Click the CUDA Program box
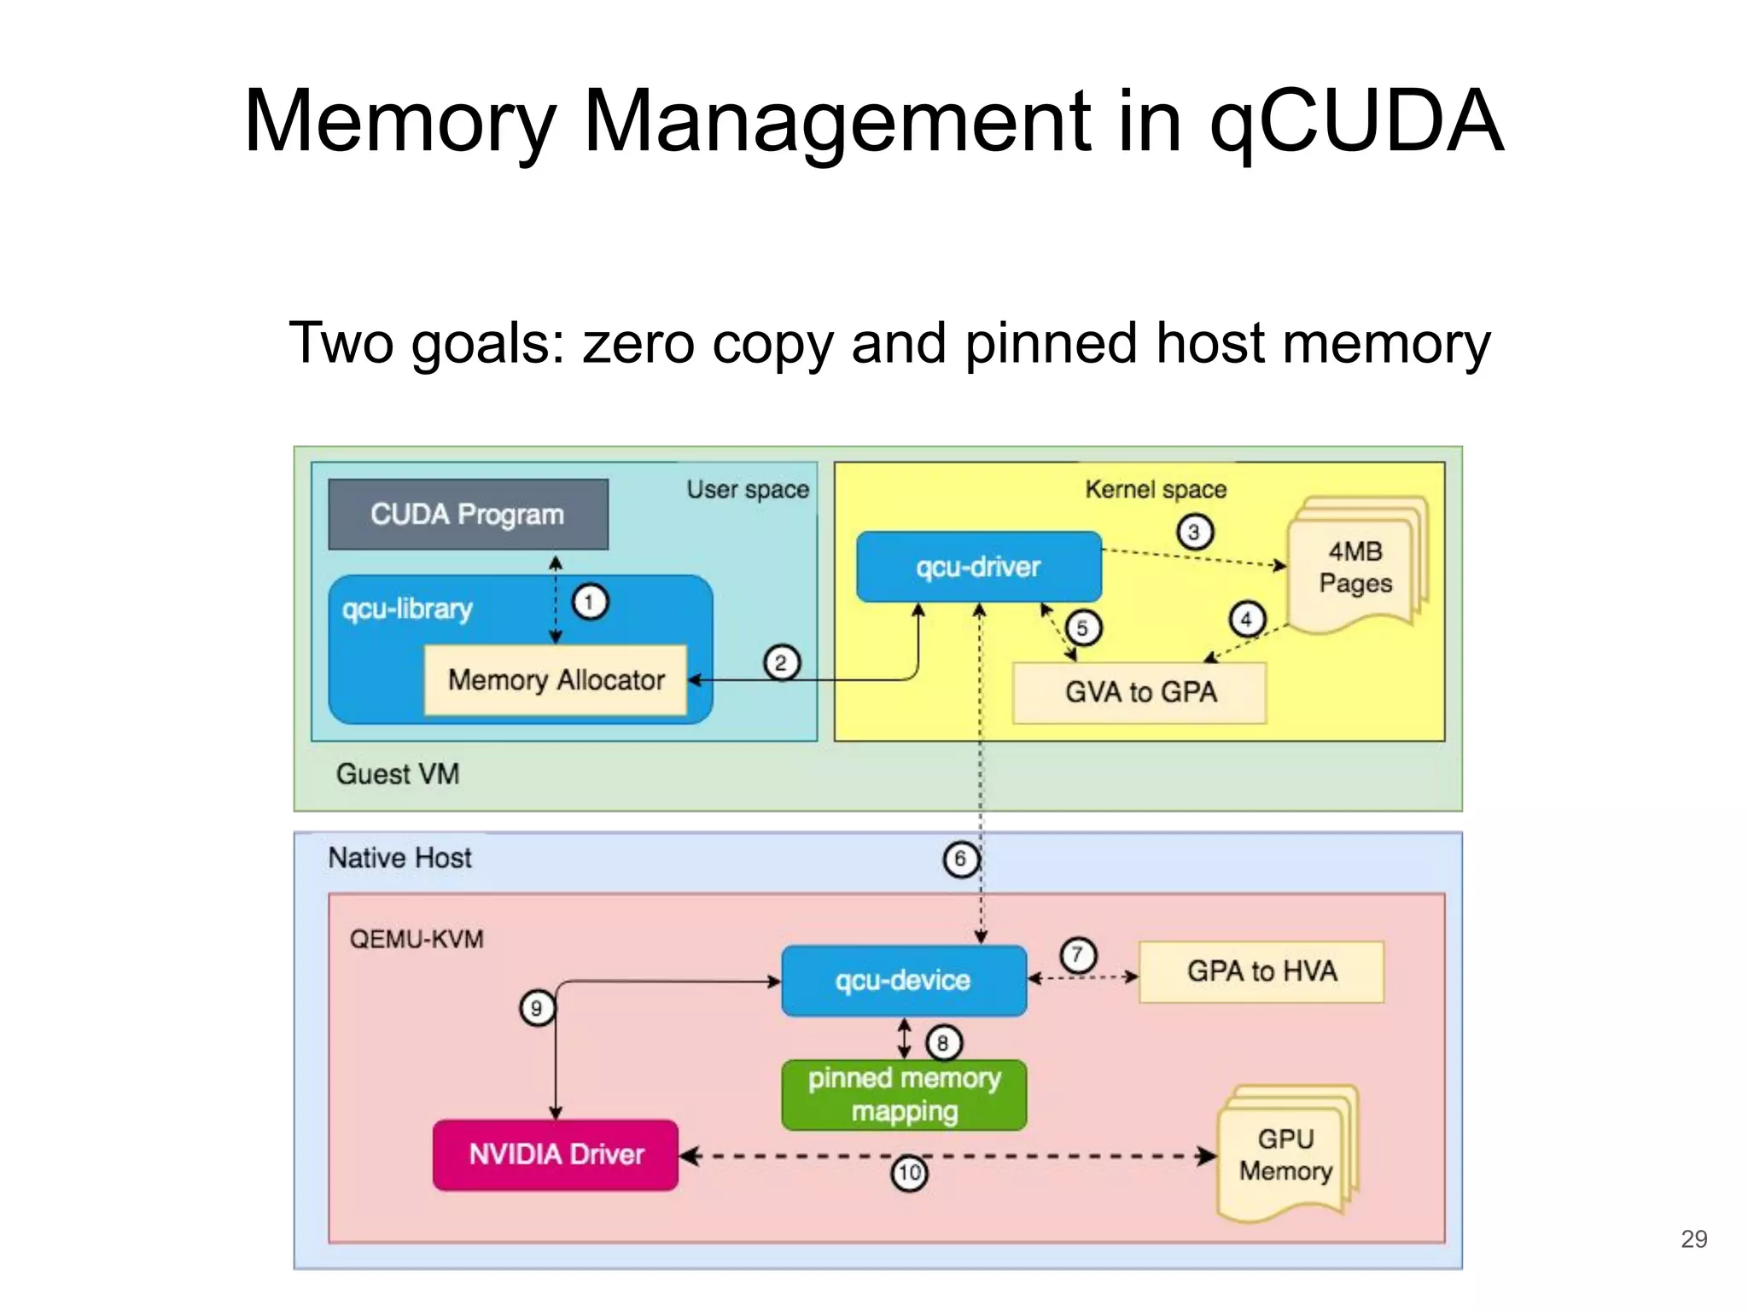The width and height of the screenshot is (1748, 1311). pos(468,515)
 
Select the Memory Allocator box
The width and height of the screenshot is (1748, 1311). pos(556,680)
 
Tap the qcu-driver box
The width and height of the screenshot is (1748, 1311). pos(978,567)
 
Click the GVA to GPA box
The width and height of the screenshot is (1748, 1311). pos(1139,692)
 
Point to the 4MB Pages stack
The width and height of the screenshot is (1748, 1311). pos(1355,568)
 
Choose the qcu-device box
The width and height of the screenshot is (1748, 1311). pos(903,981)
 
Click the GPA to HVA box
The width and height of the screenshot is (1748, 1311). pos(1261,971)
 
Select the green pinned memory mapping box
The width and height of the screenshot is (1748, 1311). pos(904,1095)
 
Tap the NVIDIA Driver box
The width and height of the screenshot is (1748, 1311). pos(556,1155)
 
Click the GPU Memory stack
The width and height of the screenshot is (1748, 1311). pos(1285,1155)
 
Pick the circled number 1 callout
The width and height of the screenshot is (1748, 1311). pos(589,602)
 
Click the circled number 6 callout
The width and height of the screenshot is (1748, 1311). pos(960,859)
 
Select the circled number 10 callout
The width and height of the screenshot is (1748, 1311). pos(909,1173)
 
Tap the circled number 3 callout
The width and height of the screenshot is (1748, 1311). pos(1194,533)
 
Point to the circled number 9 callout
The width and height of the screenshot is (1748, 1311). pos(537,1009)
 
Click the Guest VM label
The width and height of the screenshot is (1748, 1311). pos(398,774)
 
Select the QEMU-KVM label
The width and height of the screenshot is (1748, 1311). pos(417,940)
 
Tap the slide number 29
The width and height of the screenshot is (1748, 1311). pos(1693,1238)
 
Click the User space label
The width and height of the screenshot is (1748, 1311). pos(748,490)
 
